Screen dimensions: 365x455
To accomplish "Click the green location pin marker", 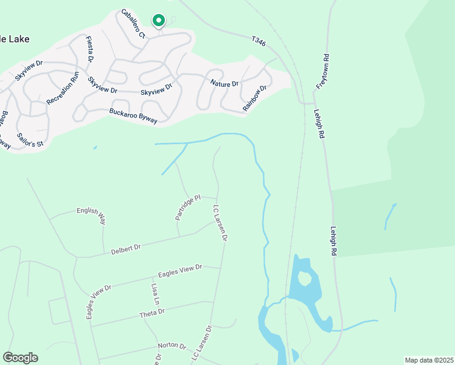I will pyautogui.click(x=158, y=21).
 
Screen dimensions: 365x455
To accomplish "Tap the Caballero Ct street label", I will pyautogui.click(x=133, y=24).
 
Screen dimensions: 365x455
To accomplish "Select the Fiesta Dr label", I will pyautogui.click(x=90, y=48).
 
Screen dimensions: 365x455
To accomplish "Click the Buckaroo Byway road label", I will pyautogui.click(x=133, y=116).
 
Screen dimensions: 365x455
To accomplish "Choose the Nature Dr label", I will pyautogui.click(x=224, y=83).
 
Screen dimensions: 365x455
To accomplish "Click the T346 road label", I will pyautogui.click(x=260, y=41).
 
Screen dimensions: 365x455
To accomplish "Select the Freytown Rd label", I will pyautogui.click(x=326, y=69).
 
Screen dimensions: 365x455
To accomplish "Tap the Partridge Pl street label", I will pyautogui.click(x=188, y=207).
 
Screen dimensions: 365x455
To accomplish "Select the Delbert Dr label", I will pyautogui.click(x=126, y=249).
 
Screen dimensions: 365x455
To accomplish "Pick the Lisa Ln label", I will pyautogui.click(x=156, y=294).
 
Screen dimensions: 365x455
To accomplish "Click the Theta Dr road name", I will pyautogui.click(x=152, y=313).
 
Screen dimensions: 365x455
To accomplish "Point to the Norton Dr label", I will pyautogui.click(x=172, y=346).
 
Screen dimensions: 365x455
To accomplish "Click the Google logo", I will pyautogui.click(x=20, y=358).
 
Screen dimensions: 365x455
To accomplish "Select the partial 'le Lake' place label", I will pyautogui.click(x=15, y=39).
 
